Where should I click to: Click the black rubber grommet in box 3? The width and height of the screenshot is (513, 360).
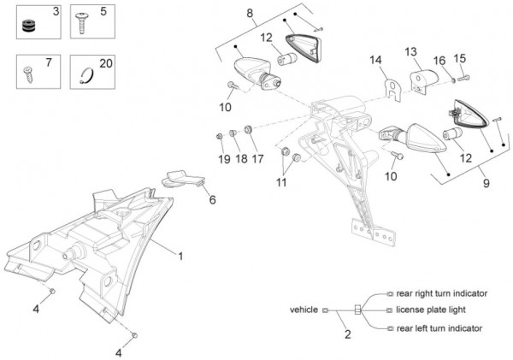[29, 27]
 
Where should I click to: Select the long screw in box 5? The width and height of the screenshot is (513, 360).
[81, 23]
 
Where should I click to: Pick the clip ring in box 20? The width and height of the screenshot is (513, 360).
[87, 76]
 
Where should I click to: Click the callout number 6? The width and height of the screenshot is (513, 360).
[213, 199]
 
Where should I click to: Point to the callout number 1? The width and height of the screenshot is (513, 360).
[180, 257]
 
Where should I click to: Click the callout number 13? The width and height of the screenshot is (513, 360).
[410, 51]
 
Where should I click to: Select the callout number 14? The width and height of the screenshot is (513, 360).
[375, 60]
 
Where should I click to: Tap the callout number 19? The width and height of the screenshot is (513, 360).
[224, 159]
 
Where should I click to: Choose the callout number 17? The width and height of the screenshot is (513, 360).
[257, 159]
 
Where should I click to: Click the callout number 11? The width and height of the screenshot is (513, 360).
[281, 183]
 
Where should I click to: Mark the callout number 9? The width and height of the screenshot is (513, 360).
[486, 183]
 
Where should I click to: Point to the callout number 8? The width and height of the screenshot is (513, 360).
[250, 14]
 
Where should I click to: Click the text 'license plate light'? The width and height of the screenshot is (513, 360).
[431, 310]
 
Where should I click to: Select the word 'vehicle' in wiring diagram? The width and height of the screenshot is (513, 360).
[304, 310]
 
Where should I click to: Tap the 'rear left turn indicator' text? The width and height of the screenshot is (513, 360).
[439, 328]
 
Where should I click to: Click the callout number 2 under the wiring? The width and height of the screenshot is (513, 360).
[348, 334]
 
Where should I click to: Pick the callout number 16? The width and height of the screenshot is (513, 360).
[439, 61]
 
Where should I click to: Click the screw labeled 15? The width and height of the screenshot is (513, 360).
[463, 78]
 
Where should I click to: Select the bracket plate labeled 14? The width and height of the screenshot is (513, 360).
[393, 90]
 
